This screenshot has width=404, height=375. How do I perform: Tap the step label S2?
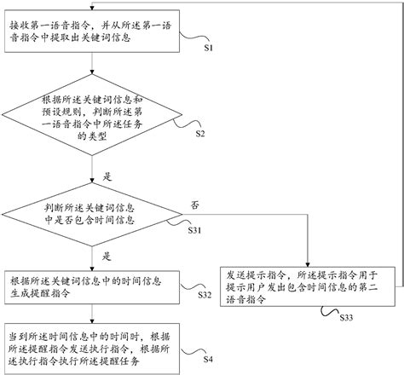coord(200,135)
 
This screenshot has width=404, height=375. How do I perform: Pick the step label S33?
coord(346,317)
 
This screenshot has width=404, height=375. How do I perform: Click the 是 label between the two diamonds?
coord(107,176)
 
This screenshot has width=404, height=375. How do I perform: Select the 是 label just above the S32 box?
coord(107,255)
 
